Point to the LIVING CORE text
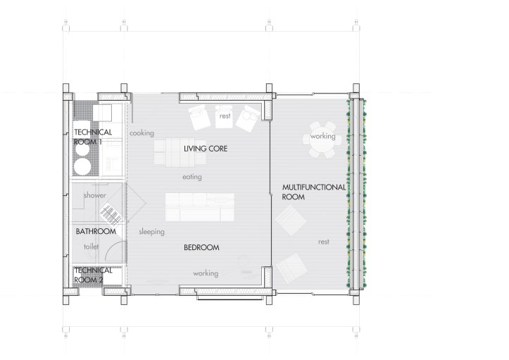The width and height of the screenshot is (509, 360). point(208,149)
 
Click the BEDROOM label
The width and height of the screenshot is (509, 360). point(201,248)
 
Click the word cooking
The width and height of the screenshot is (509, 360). point(141,132)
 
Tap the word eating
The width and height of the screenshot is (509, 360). point(192,177)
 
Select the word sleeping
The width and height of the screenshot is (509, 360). point(151,231)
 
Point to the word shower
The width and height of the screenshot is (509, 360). point(94,195)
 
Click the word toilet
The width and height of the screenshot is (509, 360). point(92,247)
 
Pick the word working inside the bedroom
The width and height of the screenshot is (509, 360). point(205,273)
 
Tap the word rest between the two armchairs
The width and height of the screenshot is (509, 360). point(225,116)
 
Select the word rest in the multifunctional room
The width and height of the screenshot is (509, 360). point(324,242)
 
